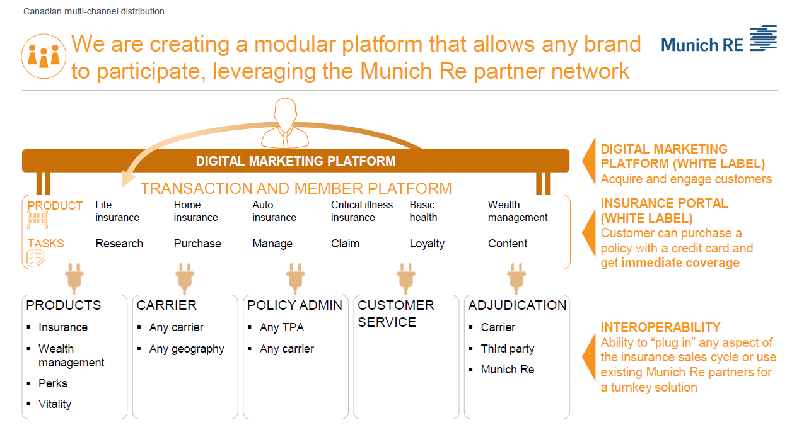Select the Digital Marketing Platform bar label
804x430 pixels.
tap(295, 161)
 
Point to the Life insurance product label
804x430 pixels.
tap(117, 212)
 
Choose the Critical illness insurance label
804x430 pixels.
tap(361, 212)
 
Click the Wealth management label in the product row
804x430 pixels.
tap(518, 212)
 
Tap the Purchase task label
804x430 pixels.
tap(197, 244)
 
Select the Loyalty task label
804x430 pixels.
tap(427, 244)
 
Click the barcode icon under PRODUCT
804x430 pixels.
tap(37, 220)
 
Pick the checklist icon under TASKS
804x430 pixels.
tap(35, 258)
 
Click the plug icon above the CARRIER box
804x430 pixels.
tap(185, 278)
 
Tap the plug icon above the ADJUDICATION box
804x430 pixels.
tap(516, 278)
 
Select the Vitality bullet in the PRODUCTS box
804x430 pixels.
tap(55, 404)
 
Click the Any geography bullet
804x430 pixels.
tap(187, 349)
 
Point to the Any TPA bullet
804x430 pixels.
tap(281, 327)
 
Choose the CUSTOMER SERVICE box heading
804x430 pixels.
tap(396, 314)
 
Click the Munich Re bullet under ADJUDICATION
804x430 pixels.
tap(507, 370)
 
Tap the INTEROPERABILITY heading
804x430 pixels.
tap(660, 327)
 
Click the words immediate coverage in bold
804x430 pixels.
tap(680, 263)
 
